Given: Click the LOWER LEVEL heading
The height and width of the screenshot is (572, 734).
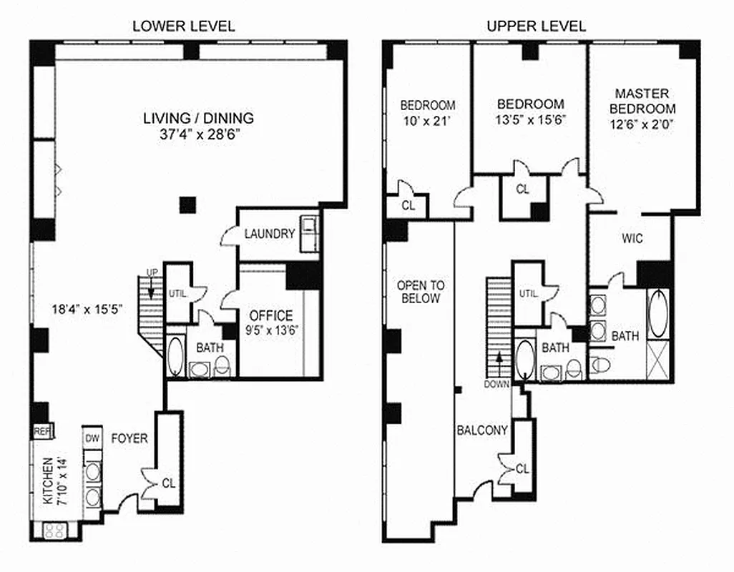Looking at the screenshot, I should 184,26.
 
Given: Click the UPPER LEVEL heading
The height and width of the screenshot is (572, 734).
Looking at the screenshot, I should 536,26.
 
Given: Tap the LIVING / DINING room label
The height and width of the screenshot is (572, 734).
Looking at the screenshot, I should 198,119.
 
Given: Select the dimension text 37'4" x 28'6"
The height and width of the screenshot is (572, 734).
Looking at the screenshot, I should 198,134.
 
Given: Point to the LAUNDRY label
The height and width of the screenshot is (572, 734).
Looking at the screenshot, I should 269,234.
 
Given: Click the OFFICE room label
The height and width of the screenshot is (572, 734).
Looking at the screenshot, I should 270,315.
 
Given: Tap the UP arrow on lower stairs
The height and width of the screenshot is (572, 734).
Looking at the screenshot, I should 152,281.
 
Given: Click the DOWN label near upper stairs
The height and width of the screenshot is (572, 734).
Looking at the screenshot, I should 496,384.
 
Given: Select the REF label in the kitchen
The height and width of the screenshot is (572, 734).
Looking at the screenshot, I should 41,431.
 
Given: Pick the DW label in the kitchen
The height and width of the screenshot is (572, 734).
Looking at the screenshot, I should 92,438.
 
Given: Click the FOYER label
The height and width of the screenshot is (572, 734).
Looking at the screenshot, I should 129,438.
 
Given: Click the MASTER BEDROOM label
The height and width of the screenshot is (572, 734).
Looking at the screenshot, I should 642,101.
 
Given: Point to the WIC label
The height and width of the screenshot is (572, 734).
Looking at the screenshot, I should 633,239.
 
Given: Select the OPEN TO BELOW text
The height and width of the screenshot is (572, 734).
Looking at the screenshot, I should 421,292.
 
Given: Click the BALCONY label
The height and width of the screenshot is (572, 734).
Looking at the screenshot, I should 482,430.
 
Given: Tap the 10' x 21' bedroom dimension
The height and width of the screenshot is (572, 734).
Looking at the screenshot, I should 427,121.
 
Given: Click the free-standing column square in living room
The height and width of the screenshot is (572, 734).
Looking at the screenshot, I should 187,204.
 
